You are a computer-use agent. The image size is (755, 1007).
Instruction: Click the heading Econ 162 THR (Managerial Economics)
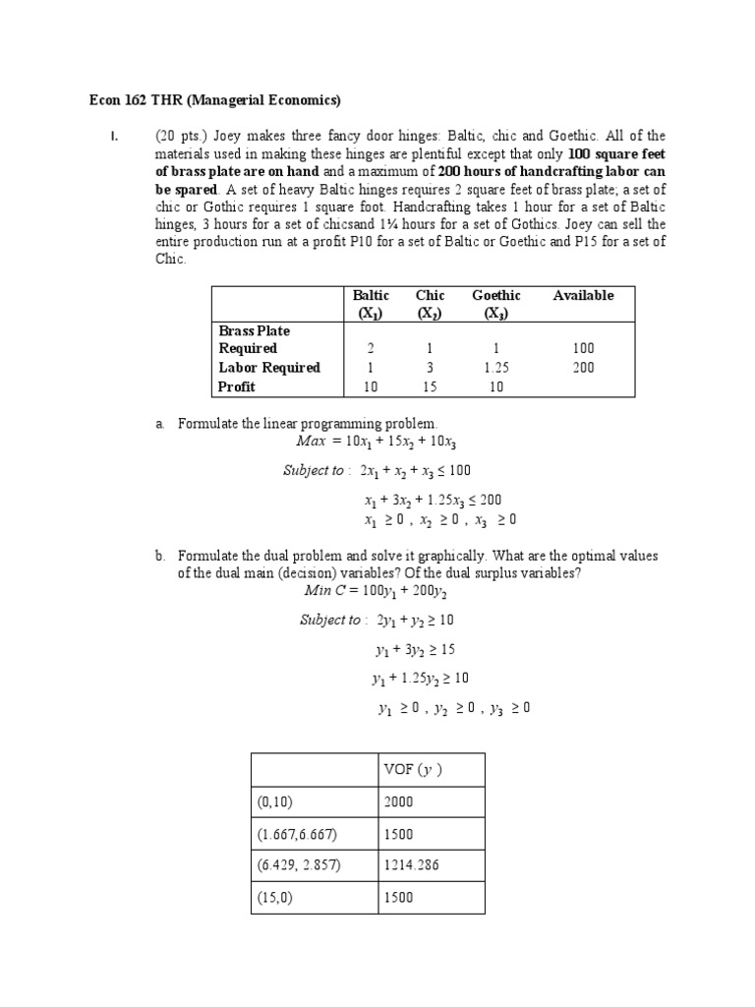pos(209,99)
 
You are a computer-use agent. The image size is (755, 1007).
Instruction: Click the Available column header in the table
pos(583,295)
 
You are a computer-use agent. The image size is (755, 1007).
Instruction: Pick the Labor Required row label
pos(269,368)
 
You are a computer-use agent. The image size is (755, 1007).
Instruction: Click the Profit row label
pos(236,386)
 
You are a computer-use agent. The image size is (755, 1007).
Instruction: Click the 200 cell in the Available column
pos(583,368)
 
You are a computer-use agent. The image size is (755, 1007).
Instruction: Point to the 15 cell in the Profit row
pos(429,386)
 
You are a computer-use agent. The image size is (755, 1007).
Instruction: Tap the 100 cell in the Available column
pos(583,348)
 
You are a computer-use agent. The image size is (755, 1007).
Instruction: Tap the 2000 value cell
pos(398,801)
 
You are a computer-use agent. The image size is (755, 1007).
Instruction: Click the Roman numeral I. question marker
pos(114,136)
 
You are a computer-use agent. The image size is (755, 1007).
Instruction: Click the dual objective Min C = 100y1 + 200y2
pos(381,593)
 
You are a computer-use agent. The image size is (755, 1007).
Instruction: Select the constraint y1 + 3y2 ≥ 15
pos(415,650)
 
